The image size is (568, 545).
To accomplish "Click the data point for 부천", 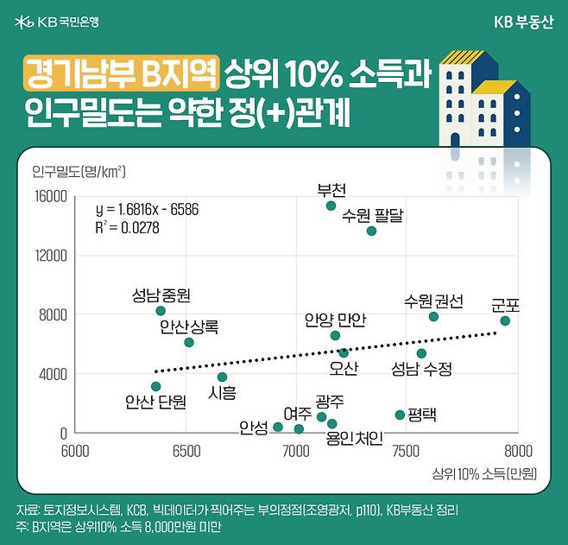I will pyautogui.click(x=331, y=206).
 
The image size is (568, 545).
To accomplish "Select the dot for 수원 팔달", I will pyautogui.click(x=371, y=231).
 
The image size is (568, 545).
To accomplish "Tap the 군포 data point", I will pyautogui.click(x=505, y=321).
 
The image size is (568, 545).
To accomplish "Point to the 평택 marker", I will pyautogui.click(x=400, y=415).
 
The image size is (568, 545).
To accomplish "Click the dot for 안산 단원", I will pyautogui.click(x=155, y=387).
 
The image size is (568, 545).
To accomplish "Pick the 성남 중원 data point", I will pyautogui.click(x=161, y=311).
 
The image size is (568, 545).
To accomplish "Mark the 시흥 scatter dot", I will pyautogui.click(x=222, y=377).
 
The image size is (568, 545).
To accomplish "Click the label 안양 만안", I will pyautogui.click(x=335, y=320).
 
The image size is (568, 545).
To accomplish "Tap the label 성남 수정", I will pyautogui.click(x=421, y=369).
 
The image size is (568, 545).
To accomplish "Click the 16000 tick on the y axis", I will pyautogui.click(x=51, y=197).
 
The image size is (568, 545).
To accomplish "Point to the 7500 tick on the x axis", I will pyautogui.click(x=406, y=451).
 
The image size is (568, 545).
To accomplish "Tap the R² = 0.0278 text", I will pyautogui.click(x=127, y=228).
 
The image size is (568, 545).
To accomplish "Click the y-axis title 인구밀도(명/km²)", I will pyautogui.click(x=79, y=170).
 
